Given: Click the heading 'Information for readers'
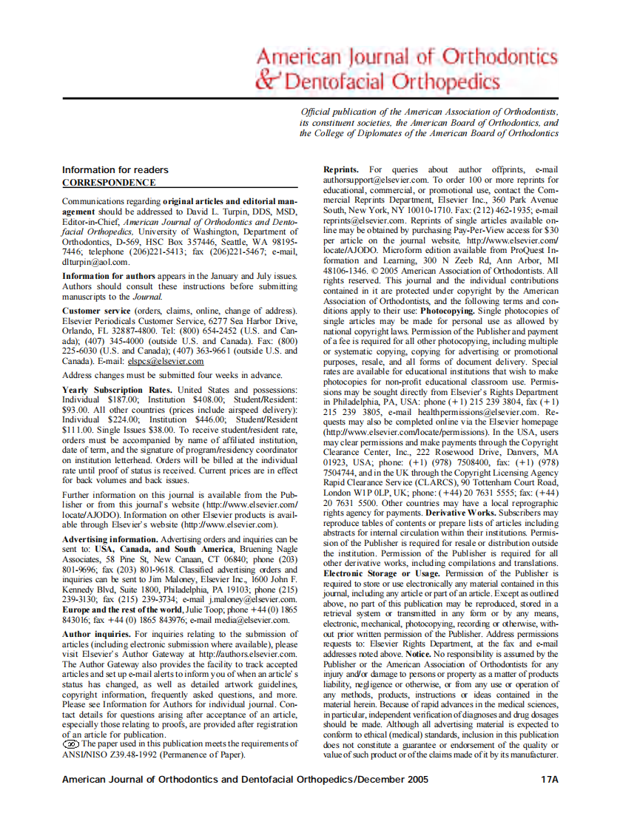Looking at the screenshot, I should coord(115,170).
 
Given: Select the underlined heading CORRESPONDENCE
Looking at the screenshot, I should coord(109,183).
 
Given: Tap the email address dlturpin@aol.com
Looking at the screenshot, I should coord(96,262).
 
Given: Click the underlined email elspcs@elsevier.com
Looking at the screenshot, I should coord(166,362).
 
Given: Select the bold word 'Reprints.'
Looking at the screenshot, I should coord(341,170).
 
